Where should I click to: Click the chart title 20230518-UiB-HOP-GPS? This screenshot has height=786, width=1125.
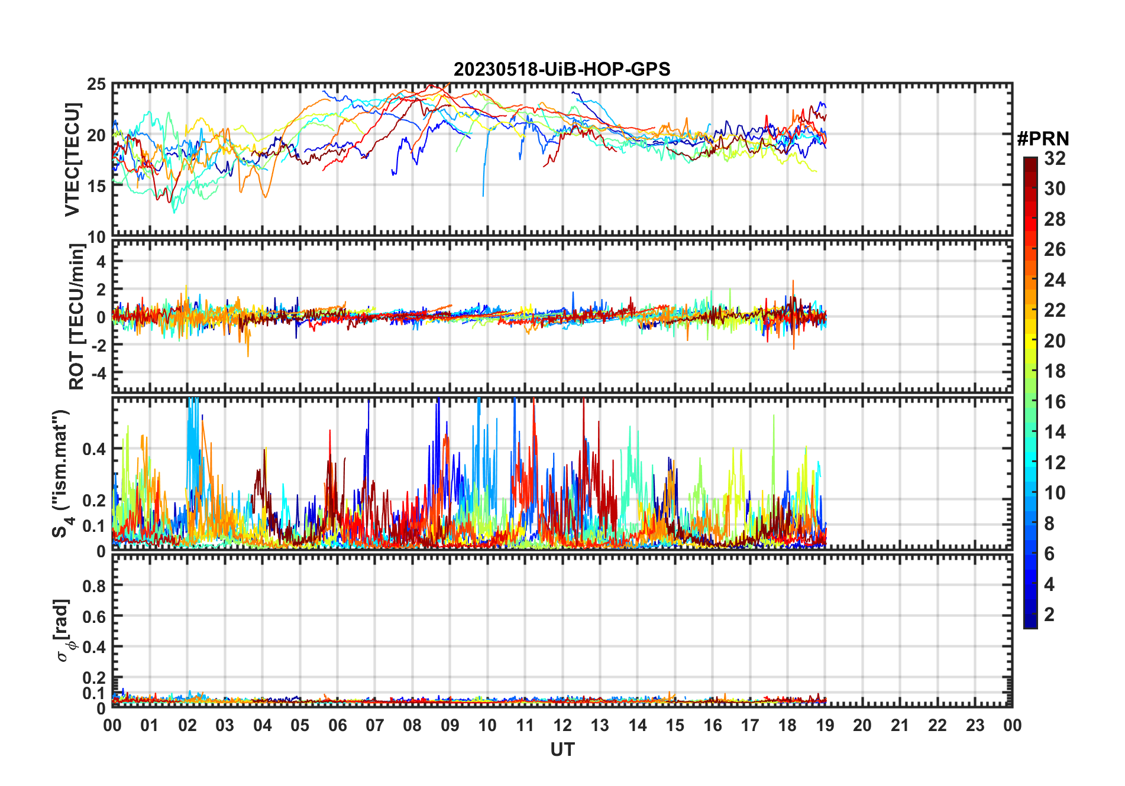pos(562,69)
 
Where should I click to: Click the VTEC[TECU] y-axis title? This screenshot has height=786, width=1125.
pos(72,160)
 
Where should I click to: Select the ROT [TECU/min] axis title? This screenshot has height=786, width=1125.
pos(77,317)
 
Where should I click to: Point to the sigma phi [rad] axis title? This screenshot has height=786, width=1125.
pos(64,631)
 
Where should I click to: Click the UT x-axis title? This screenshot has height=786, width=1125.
pos(562,750)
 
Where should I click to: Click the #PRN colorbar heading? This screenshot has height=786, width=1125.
pos(1043,139)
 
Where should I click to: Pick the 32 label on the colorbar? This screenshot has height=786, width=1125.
pos(1055,158)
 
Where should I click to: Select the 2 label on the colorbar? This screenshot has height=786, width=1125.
pos(1049,615)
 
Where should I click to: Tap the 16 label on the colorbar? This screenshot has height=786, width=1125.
pos(1055,402)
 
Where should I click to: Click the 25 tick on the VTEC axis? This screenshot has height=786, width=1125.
pos(96,85)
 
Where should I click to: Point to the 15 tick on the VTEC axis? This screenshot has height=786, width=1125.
pos(96,186)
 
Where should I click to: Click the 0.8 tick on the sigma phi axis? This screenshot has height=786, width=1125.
pos(93,586)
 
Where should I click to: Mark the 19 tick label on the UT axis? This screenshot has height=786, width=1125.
pos(825,726)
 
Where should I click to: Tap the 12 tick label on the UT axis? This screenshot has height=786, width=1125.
pos(562,726)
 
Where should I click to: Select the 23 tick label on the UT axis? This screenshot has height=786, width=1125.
pos(975,726)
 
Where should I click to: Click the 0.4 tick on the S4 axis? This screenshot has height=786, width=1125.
pos(93,449)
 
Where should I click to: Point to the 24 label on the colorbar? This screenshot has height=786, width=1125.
pos(1055,280)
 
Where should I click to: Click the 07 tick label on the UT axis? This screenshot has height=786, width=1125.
pos(374,726)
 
